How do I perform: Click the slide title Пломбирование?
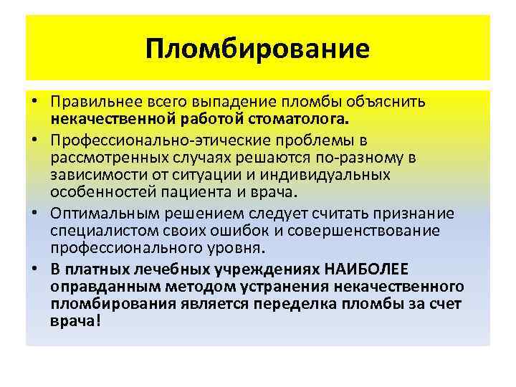(x=257, y=50)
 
